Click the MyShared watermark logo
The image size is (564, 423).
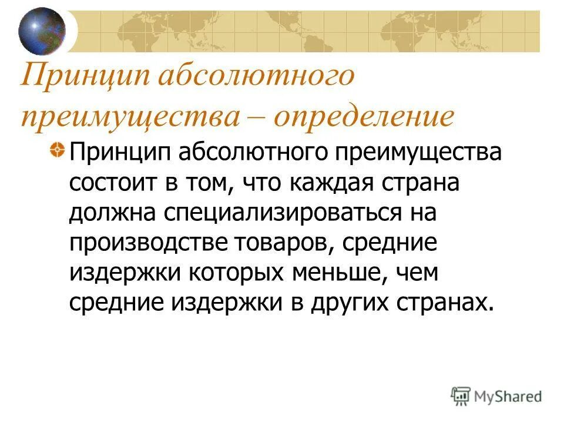(x=496, y=395)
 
